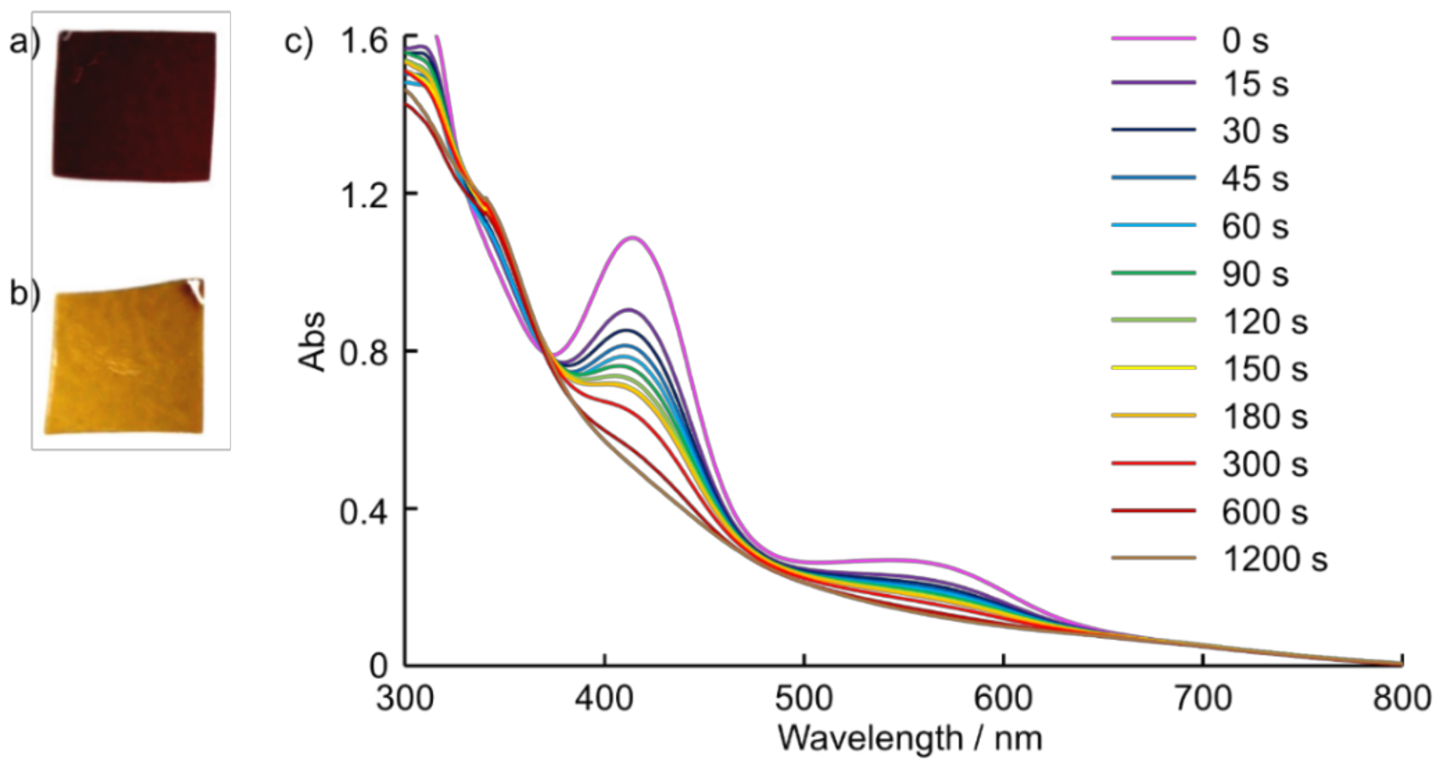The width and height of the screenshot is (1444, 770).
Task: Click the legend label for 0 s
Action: click(1244, 40)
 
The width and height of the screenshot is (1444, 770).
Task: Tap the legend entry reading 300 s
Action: click(1264, 465)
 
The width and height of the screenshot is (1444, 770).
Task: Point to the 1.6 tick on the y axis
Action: click(364, 41)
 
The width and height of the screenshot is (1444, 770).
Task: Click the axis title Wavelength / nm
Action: click(910, 739)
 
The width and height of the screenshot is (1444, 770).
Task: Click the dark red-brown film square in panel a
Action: click(134, 105)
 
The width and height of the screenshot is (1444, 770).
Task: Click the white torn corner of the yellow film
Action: click(196, 288)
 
